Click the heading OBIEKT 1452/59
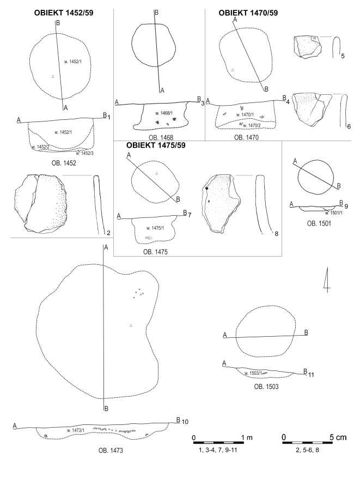[x=64, y=13]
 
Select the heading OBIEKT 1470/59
[x=248, y=13]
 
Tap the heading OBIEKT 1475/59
[x=156, y=145]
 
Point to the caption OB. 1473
[x=111, y=451]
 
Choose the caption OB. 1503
[x=266, y=387]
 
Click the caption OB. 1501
[x=319, y=224]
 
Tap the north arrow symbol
[x=327, y=280]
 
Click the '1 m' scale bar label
[x=247, y=438]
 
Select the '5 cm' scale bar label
[x=338, y=437]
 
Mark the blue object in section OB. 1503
[x=265, y=373]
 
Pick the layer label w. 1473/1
[x=76, y=430]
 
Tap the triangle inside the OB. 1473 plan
[x=131, y=325]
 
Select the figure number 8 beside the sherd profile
[x=277, y=234]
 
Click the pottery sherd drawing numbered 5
[x=308, y=46]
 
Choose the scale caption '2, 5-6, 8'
[x=307, y=450]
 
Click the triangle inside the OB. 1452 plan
[x=53, y=76]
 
